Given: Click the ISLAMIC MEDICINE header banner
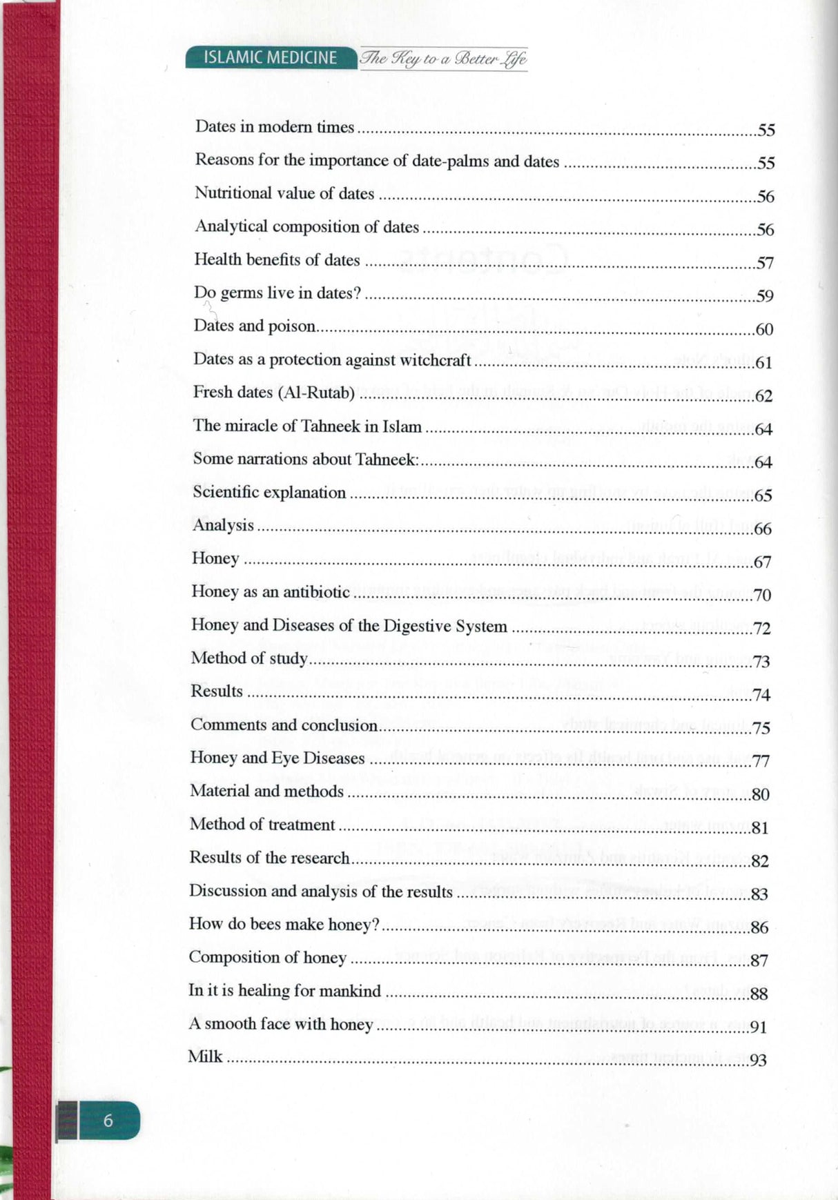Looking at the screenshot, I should (271, 58).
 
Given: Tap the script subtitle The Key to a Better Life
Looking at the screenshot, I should (443, 59).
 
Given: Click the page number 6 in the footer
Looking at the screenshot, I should (108, 1120).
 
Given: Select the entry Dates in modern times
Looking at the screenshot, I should (275, 127).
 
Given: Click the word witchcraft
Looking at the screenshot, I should (436, 360).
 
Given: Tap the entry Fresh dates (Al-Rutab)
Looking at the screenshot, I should (273, 393).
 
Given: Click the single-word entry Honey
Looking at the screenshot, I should (215, 558).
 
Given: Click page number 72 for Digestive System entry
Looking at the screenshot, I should (761, 628).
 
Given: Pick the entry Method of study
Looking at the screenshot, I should (249, 658).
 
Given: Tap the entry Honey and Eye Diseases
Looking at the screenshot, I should (277, 758).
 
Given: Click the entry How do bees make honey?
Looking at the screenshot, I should (284, 924).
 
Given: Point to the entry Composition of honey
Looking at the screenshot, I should (267, 957).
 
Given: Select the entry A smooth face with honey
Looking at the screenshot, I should (280, 1024).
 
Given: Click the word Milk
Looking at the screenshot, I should (205, 1056).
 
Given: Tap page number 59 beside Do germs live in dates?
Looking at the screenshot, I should (764, 296).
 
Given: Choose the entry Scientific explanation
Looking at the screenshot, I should (269, 493).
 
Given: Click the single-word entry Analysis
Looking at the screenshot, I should (223, 525).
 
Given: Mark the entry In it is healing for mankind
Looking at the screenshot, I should (284, 991).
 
